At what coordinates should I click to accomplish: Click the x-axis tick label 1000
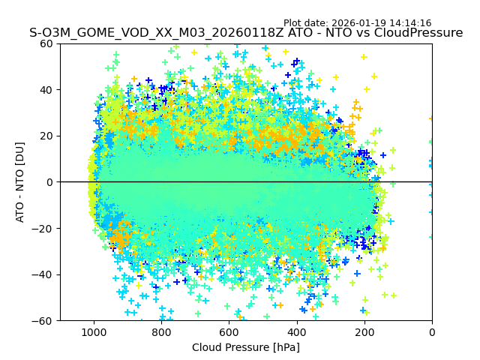[x=94, y=332]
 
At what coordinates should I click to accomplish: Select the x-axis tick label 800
[x=161, y=332]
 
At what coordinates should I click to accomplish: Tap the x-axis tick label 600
[x=229, y=332]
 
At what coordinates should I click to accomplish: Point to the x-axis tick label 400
[x=296, y=332]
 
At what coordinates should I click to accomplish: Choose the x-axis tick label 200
[x=364, y=332]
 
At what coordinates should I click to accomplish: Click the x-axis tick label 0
[x=431, y=332]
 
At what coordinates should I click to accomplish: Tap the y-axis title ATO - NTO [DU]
[x=21, y=182]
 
